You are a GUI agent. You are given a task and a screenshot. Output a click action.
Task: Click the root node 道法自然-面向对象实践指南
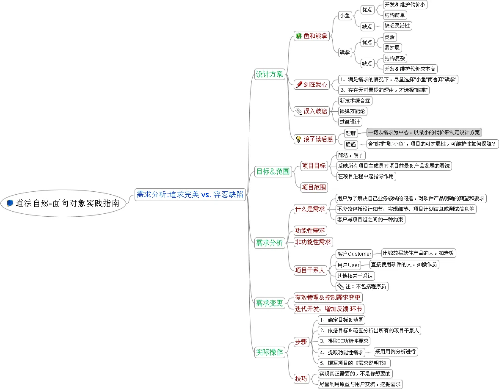coord(63,204)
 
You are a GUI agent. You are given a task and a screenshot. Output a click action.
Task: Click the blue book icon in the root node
coord(10,203)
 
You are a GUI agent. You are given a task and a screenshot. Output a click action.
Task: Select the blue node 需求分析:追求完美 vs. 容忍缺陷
coord(190,195)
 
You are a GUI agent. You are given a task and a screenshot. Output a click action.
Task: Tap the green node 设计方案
coord(270,74)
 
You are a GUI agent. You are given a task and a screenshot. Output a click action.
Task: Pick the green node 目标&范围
coord(273,171)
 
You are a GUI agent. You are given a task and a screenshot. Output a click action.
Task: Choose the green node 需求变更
coord(270,303)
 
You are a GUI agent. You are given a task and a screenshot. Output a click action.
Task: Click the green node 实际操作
coord(270,352)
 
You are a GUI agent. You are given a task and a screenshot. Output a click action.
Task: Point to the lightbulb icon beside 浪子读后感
coord(298,139)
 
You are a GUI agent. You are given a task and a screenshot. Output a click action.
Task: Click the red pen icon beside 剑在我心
coord(299,85)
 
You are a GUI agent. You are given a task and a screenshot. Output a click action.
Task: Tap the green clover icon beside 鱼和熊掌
coord(298,36)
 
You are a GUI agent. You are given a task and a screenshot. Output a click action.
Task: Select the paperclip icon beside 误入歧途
coord(299,111)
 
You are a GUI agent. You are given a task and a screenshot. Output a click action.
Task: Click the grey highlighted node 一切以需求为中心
coord(424,132)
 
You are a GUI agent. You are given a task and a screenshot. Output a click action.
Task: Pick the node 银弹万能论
coord(352,111)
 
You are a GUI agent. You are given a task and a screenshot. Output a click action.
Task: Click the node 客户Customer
coord(354,254)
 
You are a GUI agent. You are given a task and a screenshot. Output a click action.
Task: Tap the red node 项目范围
coord(314,187)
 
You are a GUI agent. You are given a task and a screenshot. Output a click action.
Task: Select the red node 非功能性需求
coord(313,242)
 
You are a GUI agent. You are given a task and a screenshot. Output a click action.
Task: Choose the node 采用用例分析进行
coord(396,351)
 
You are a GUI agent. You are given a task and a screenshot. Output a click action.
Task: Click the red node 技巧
coord(301,378)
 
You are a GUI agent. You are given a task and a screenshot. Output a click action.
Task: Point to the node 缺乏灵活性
coord(397,26)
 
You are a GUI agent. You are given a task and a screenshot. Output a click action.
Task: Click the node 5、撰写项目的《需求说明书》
coord(354,363)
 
